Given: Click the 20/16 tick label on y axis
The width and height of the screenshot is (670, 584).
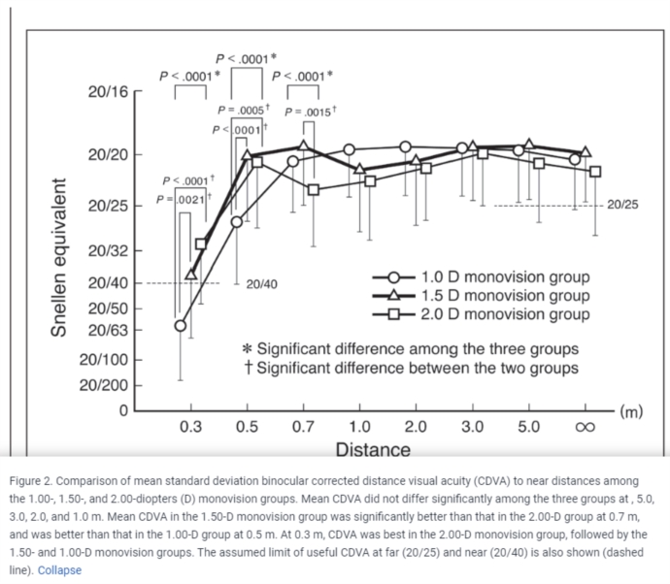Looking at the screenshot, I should pos(107,92).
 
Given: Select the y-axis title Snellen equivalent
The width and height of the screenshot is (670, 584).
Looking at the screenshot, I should pos(59,257).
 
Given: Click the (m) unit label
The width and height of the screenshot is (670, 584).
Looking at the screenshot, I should pos(631,411).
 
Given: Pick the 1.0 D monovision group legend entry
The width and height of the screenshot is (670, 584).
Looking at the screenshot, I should pos(503,277).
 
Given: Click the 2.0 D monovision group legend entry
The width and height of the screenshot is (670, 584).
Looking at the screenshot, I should pos(503,314).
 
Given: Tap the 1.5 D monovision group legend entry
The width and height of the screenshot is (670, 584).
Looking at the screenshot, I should pos(503,296).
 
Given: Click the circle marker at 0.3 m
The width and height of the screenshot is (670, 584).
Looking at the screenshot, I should pos(180,325).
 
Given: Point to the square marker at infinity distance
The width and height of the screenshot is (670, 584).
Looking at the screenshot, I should pos(595,172).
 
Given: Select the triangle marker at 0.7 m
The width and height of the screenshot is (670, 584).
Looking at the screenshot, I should pos(304,146).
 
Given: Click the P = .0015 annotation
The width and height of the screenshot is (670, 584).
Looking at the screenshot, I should pos(310,113).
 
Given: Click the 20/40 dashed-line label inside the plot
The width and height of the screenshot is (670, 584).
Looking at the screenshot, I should pos(261,284).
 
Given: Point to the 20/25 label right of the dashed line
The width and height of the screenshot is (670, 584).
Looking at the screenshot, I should pos(622,206).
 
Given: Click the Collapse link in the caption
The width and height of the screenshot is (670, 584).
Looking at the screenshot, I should pos(59,570).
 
